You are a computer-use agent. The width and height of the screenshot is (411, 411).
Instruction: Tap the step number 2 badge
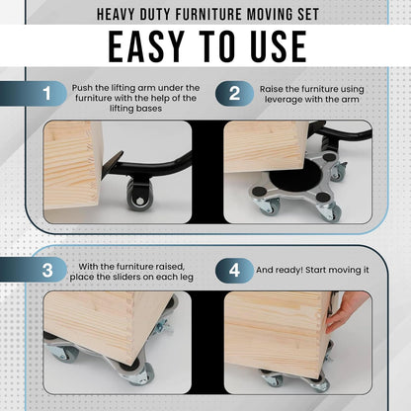(x=234, y=94)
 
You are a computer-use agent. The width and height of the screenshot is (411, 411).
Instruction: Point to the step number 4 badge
(x=234, y=270)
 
